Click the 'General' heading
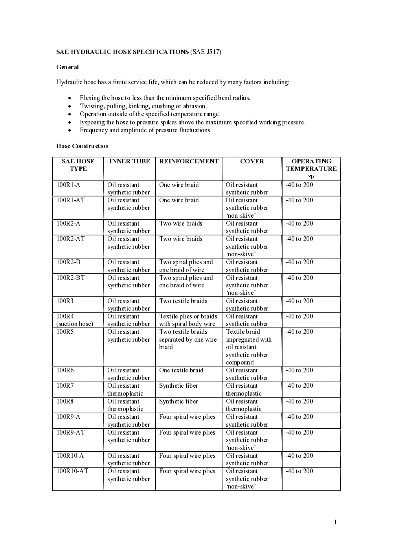tap(68, 67)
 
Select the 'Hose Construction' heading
tap(82, 146)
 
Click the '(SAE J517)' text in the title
tap(206, 52)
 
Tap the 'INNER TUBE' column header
tap(130, 161)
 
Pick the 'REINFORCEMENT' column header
tap(189, 161)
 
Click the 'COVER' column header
tap(252, 161)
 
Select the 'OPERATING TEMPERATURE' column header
tap(311, 165)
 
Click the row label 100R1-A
tap(68, 185)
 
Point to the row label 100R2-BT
tap(70, 278)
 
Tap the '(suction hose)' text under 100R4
tap(75, 324)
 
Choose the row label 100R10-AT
tap(72, 471)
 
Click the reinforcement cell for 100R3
tap(183, 301)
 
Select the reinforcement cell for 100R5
tap(187, 339)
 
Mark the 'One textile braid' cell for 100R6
tap(181, 370)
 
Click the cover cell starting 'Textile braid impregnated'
tap(248, 347)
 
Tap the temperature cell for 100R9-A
tap(299, 417)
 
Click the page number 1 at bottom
tap(335, 522)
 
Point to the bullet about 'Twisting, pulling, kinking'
tap(143, 106)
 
